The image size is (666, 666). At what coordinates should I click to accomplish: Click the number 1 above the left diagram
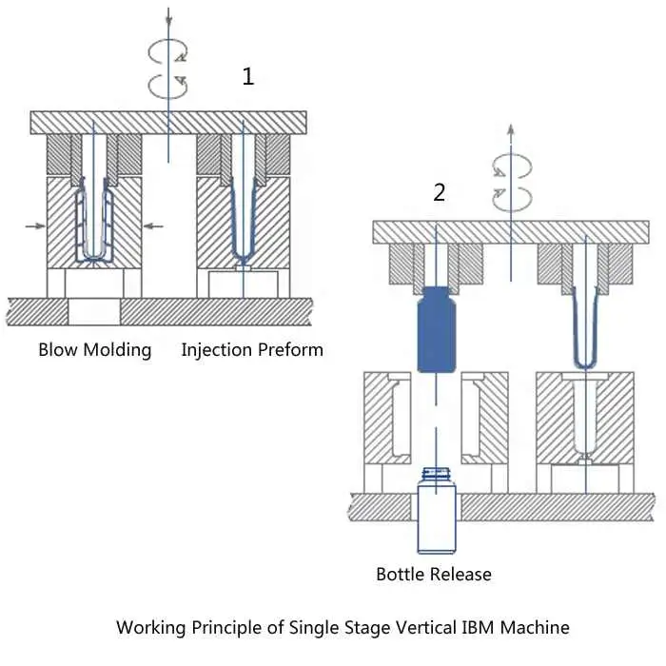[x=248, y=77]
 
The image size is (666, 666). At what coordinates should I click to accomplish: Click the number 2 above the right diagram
[x=439, y=193]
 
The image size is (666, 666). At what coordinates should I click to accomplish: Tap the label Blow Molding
[x=94, y=349]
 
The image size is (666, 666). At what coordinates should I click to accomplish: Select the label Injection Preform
[x=252, y=349]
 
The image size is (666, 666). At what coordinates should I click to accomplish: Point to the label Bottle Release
[x=434, y=574]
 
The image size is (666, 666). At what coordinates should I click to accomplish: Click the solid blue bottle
[x=436, y=328]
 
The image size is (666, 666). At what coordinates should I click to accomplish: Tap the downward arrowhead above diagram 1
[x=168, y=19]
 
